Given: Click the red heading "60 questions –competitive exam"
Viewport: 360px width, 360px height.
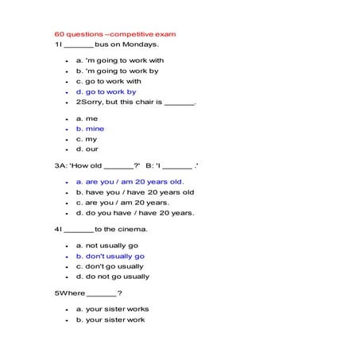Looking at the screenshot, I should [115, 35].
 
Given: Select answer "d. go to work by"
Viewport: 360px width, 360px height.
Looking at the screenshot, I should [106, 91].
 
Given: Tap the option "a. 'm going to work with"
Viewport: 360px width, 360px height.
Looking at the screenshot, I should [119, 60].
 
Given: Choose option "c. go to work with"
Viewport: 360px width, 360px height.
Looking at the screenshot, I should [108, 81].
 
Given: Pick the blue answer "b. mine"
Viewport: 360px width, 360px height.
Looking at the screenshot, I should [90, 129].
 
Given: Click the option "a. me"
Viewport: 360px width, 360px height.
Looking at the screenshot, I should [87, 118].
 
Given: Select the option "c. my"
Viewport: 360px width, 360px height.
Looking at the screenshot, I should [87, 139].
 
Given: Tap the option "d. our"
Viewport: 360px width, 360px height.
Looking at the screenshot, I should [87, 149].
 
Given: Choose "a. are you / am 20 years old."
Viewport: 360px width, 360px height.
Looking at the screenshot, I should [130, 181].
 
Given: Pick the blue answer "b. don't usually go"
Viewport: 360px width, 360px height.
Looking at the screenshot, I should [110, 256].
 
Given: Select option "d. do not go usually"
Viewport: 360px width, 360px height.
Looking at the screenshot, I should [112, 277].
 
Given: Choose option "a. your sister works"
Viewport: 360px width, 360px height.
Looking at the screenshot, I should [112, 309].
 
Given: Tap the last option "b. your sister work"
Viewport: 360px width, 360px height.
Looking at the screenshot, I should [110, 319].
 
